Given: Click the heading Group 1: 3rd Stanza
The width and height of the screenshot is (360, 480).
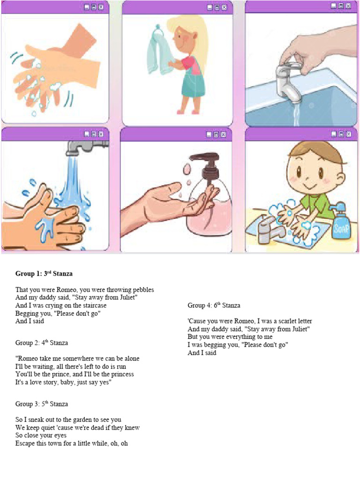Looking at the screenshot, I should [x=44, y=273].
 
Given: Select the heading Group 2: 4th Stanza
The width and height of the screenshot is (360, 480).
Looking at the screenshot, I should [x=42, y=343].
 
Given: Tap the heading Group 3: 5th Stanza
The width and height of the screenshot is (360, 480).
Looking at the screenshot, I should [x=42, y=404].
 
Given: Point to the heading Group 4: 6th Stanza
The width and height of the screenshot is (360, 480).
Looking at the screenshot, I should [x=214, y=305].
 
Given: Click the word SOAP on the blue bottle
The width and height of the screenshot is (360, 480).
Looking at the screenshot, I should [x=339, y=229].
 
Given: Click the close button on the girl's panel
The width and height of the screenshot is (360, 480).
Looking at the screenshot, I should [x=224, y=7].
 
